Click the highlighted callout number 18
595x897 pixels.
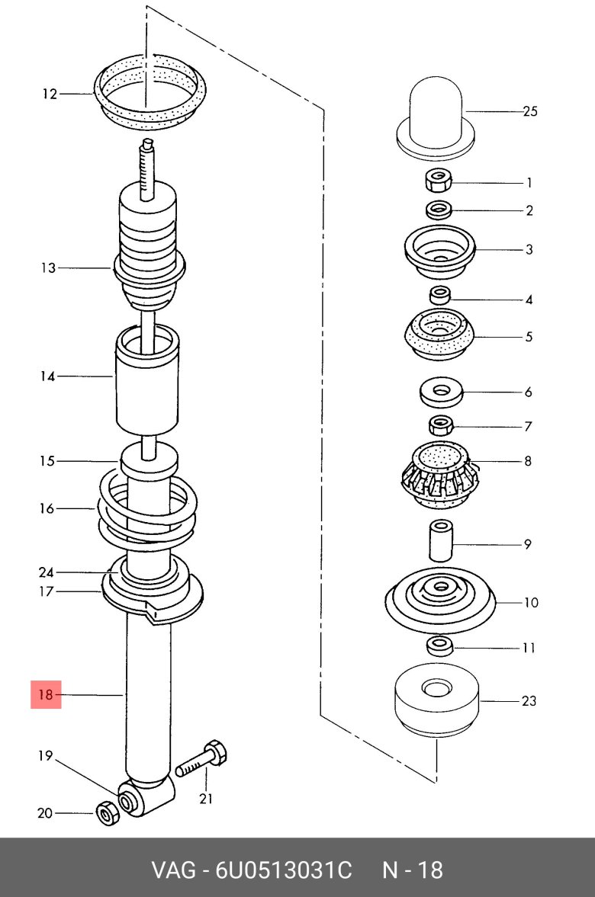pos(46,694)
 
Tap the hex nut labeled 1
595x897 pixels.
pos(439,181)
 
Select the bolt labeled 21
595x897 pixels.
pos(201,759)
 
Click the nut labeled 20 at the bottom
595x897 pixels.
pos(107,813)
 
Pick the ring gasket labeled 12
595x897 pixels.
pos(150,92)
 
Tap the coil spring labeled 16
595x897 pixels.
pos(147,508)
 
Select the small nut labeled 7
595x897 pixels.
pos(440,425)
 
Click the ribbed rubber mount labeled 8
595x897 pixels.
pos(440,474)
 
